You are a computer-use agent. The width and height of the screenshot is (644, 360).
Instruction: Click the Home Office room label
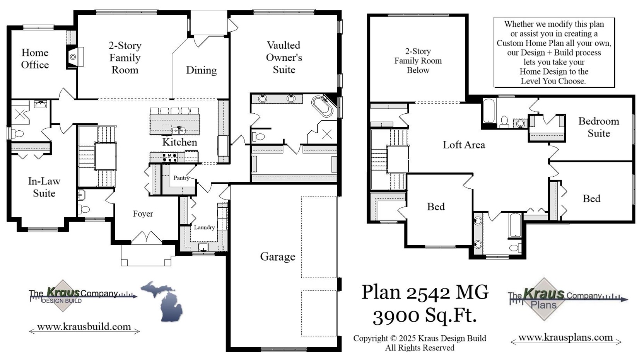[x=35, y=59]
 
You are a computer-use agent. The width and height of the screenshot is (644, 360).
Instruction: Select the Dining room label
[x=201, y=70]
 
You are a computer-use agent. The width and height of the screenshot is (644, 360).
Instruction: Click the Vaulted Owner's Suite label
[x=284, y=58]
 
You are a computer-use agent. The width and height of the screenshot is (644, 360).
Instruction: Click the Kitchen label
[x=179, y=142]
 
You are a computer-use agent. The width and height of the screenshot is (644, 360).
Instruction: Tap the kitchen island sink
[x=179, y=130]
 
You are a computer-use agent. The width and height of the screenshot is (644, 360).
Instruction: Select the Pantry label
[x=181, y=178]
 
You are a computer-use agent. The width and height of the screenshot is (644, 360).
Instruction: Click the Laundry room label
[x=204, y=227]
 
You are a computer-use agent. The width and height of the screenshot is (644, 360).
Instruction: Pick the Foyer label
[x=143, y=214]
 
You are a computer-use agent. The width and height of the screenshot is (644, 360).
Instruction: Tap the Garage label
[x=277, y=257]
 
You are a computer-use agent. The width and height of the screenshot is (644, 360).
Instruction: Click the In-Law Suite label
[x=44, y=187]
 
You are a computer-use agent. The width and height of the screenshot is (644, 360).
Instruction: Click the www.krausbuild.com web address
[x=84, y=327]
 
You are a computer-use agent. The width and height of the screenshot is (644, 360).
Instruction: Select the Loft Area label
[x=464, y=145]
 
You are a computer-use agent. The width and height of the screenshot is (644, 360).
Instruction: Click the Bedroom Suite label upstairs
[x=598, y=127]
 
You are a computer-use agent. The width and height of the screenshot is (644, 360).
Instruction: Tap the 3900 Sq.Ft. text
[x=425, y=316]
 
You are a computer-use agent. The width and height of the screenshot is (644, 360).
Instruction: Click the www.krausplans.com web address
[x=565, y=338]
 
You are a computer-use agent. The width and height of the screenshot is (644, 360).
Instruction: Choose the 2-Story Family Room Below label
[x=418, y=61]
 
